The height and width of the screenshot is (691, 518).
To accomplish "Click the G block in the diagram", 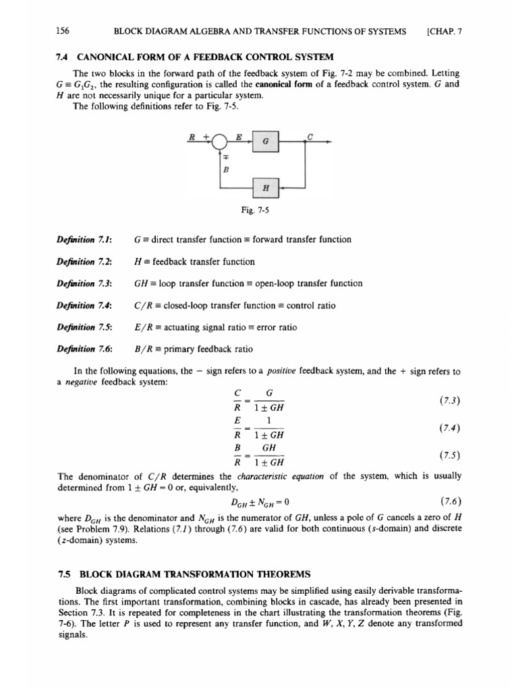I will coord(265,143).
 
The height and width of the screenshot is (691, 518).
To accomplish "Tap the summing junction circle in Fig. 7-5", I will coord(220,142).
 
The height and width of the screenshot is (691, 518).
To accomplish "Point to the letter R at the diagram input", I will coord(193,138).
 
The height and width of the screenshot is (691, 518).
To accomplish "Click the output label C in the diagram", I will coord(310,137).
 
